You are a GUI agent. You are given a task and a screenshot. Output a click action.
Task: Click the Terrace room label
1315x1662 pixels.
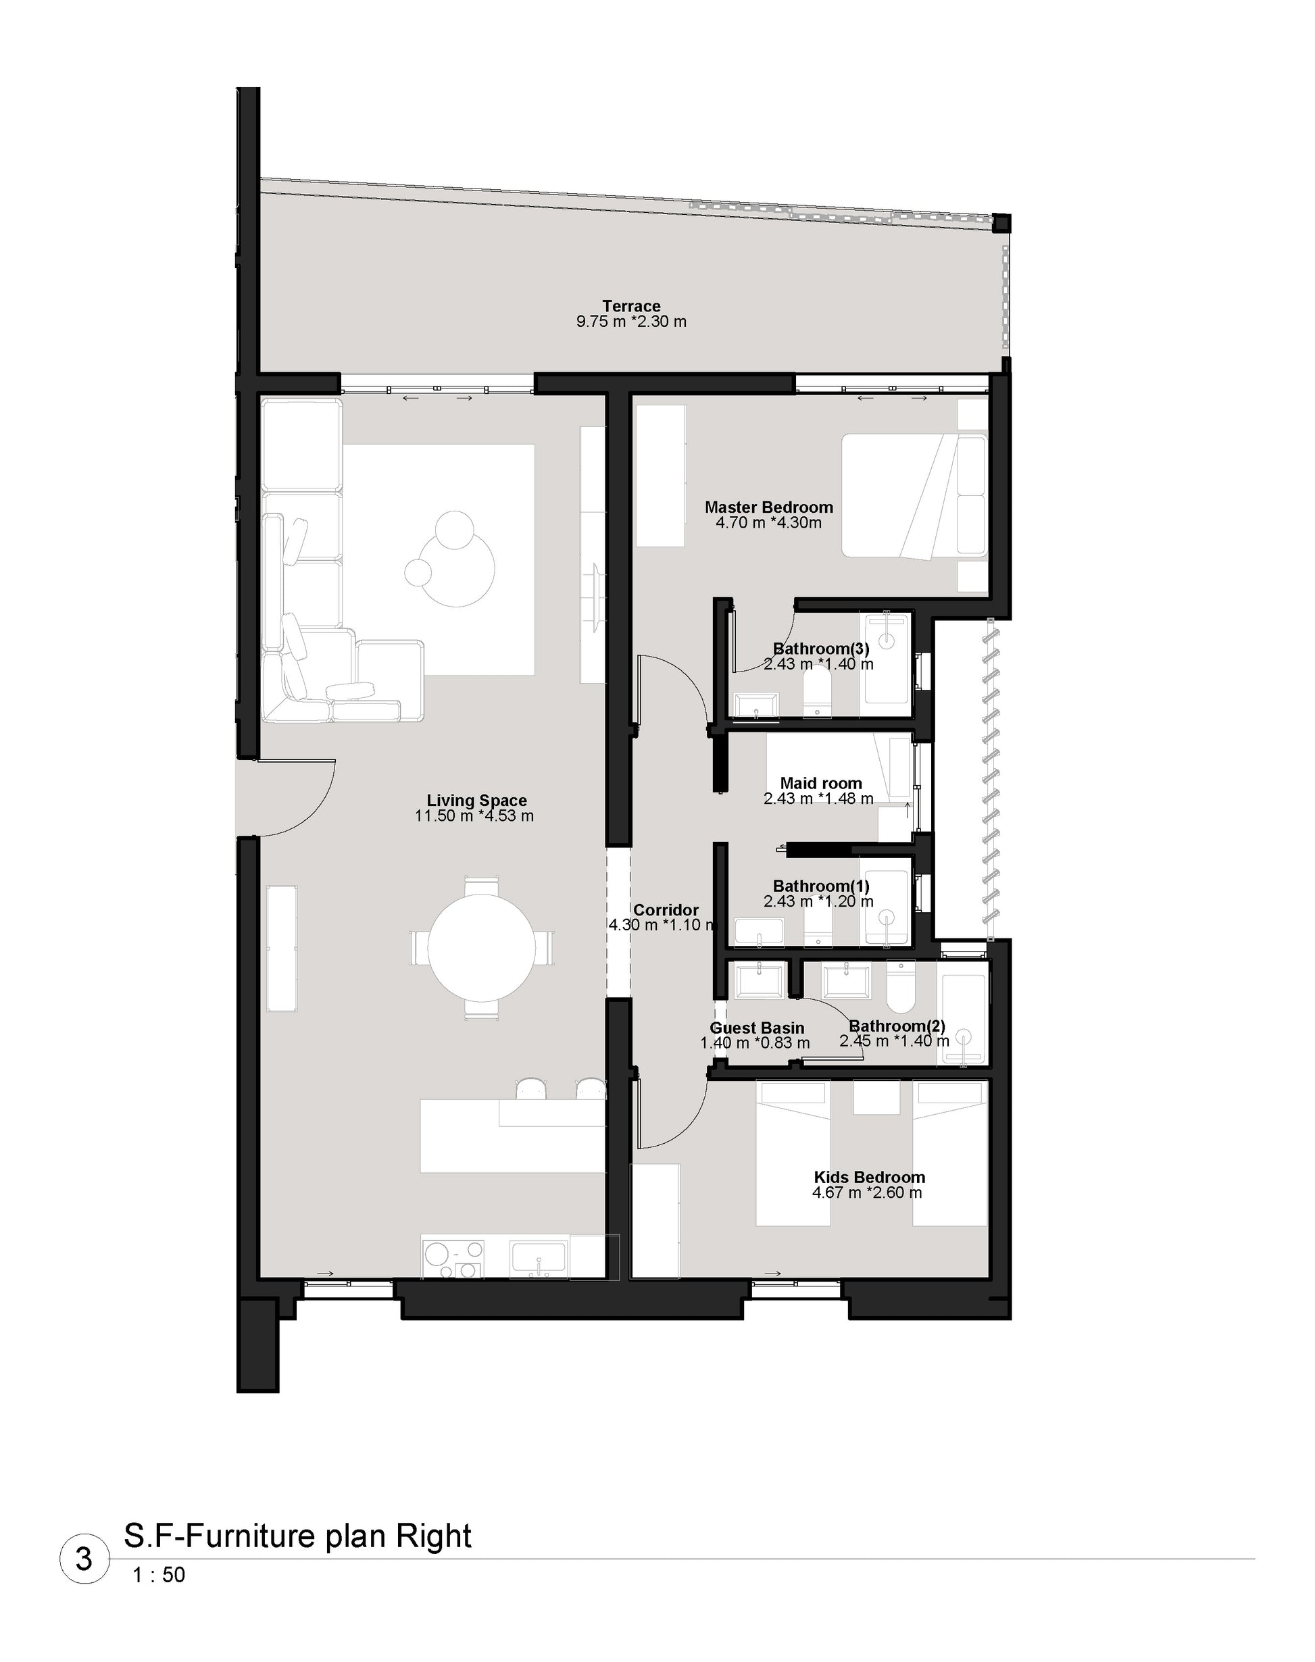click(x=631, y=306)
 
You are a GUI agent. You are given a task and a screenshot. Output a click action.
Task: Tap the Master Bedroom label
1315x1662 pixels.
click(x=769, y=507)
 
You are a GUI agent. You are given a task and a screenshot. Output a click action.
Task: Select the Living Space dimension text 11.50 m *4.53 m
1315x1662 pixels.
click(x=474, y=816)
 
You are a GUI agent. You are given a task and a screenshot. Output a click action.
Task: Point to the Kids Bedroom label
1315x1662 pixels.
click(x=869, y=1177)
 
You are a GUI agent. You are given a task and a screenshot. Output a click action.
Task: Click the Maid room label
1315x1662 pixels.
click(x=821, y=784)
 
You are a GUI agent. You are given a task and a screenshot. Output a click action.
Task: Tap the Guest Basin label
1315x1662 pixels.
click(x=757, y=1028)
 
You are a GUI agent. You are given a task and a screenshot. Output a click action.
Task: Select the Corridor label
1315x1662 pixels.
click(x=666, y=910)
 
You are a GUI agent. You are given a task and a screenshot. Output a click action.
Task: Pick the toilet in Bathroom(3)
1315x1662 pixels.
click(x=817, y=695)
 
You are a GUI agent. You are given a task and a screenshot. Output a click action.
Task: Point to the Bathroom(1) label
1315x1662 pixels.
click(x=821, y=886)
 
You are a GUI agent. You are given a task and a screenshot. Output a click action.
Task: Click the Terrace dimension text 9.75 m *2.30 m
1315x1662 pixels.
click(x=631, y=322)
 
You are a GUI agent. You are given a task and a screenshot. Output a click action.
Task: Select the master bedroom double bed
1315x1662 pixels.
click(x=914, y=496)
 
